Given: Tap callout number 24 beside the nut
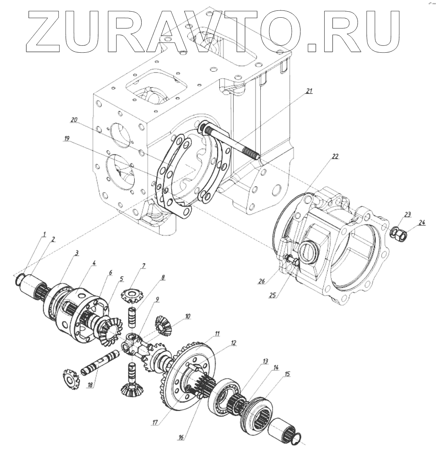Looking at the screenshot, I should tap(422, 223).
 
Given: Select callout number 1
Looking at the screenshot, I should tap(44, 234).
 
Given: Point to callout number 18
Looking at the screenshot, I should tap(90, 385).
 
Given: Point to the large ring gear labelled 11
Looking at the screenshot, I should tap(190, 372).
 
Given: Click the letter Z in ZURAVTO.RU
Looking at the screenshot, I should tap(52, 29).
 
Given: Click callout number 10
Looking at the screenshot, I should tap(187, 316).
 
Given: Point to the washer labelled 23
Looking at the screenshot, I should tap(394, 233).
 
